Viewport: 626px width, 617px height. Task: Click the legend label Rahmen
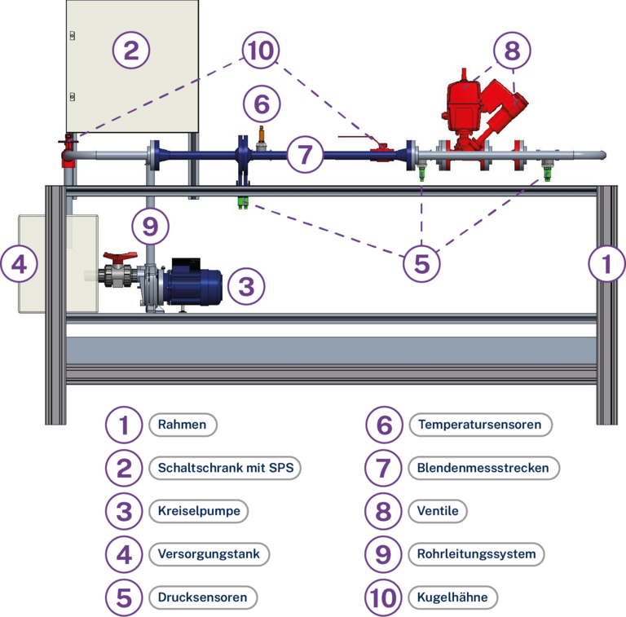(x=183, y=425)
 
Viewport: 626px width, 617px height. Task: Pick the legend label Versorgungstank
(x=209, y=554)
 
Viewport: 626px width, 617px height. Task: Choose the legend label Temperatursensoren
(x=478, y=425)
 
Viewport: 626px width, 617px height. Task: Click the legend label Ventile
(x=438, y=511)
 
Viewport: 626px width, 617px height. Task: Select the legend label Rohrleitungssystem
(x=476, y=554)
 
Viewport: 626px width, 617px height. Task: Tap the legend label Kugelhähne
(x=452, y=597)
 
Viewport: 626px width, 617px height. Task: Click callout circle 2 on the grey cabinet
(x=131, y=51)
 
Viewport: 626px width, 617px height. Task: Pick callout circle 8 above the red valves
(x=511, y=51)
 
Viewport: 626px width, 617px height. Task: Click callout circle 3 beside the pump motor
(x=246, y=285)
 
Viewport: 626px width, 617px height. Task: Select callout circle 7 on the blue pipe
(x=304, y=153)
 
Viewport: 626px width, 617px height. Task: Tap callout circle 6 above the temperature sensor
(x=261, y=104)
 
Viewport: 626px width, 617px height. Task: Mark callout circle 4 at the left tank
(x=20, y=263)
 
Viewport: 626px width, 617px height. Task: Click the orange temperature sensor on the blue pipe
(x=261, y=135)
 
